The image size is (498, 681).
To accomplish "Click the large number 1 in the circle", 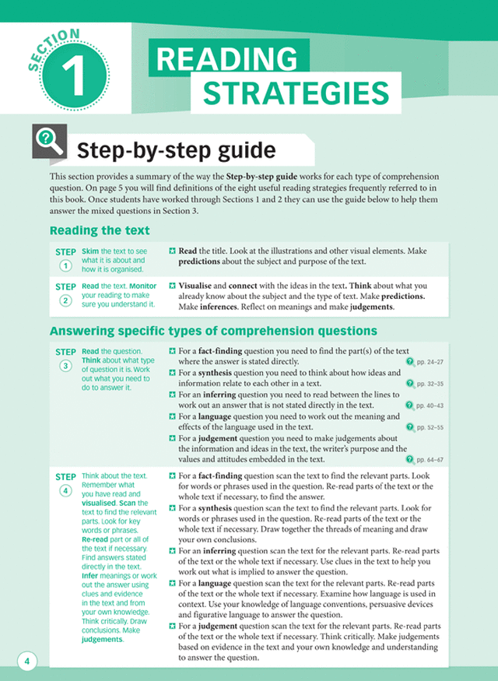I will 75,78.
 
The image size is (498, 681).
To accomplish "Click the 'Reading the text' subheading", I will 100,230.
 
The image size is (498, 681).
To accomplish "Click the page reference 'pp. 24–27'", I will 426,362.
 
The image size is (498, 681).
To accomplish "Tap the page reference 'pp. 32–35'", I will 426,384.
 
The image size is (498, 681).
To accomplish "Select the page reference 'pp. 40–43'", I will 426,405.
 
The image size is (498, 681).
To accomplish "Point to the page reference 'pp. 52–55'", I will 426,427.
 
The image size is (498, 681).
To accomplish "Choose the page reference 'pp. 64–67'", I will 426,460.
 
